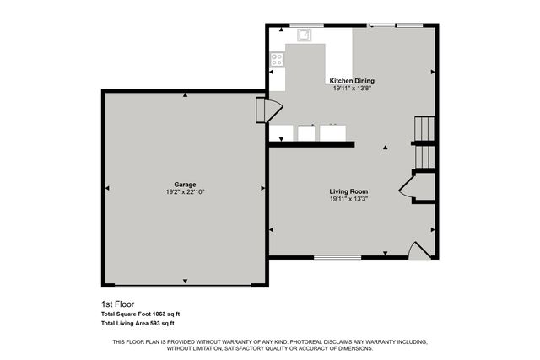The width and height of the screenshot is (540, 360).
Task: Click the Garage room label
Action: [x=185, y=184]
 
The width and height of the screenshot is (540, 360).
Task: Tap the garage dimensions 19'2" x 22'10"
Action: [x=185, y=192]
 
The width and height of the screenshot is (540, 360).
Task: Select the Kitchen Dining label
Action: [x=352, y=81]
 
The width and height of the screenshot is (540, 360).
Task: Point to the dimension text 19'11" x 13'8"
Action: [x=352, y=89]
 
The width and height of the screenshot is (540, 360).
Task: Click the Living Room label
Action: [x=348, y=192]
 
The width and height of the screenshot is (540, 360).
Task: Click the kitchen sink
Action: [x=305, y=35]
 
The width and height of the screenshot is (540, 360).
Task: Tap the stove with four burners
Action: [x=276, y=59]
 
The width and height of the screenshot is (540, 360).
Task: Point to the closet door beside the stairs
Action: [x=407, y=187]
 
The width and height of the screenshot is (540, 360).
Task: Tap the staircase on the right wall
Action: [x=423, y=143]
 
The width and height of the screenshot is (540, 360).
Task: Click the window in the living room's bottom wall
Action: [x=337, y=257]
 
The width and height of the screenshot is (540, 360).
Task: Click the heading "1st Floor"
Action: [x=117, y=304]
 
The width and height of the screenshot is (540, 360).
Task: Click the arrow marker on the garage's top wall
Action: [x=185, y=95]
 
